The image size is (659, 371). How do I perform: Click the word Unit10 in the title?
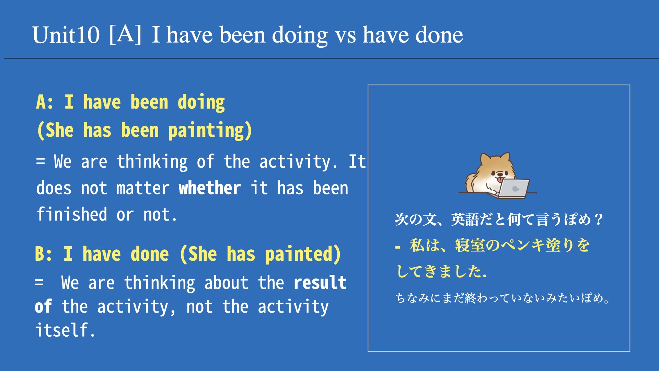coord(66,35)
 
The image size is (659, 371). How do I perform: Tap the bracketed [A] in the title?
coord(125,34)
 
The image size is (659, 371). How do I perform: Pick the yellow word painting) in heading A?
coord(210,131)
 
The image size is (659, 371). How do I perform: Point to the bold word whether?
coord(210,188)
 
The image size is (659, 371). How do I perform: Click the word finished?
coord(72,214)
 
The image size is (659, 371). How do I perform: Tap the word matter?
coord(143,189)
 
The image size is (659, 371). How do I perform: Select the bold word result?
coord(320,283)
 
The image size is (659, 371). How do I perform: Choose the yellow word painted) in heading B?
coord(303,254)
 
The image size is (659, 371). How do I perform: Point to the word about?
coord(226,283)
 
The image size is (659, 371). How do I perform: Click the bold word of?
coord(43,306)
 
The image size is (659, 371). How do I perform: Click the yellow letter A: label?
coord(45,102)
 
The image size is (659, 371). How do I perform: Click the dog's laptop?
coord(513,188)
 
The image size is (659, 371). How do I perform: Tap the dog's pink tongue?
coord(500,180)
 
